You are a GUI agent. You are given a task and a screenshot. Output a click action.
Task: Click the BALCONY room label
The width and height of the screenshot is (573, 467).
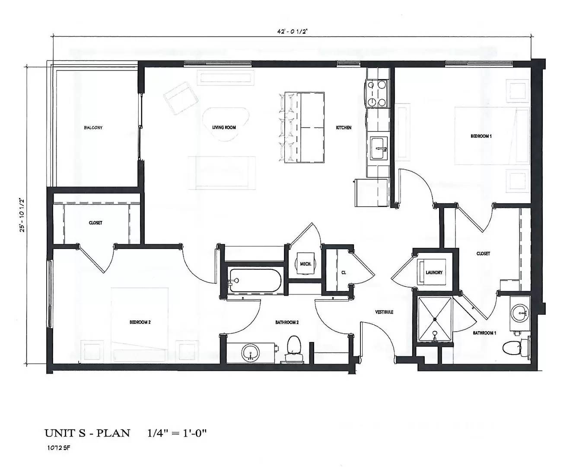(x=93, y=128)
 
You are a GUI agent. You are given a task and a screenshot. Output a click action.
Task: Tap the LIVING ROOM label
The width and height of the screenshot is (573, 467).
(x=224, y=128)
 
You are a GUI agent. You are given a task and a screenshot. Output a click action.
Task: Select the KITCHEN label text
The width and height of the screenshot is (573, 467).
(x=344, y=128)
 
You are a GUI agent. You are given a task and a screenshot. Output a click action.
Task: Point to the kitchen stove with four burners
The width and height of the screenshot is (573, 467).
(x=376, y=93)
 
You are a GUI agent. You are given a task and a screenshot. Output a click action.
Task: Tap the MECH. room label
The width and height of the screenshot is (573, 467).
(x=306, y=264)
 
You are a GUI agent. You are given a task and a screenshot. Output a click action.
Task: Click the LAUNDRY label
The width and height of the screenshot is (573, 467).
(x=434, y=272)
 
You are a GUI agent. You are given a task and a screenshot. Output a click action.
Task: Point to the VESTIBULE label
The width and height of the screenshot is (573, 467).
(x=384, y=312)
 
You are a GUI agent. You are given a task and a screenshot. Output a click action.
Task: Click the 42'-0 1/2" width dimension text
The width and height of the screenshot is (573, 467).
(x=292, y=31)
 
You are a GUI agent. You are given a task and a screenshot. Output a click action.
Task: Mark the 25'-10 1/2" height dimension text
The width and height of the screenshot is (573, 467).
(x=20, y=215)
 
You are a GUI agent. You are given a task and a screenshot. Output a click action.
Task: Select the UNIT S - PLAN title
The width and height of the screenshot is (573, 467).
(x=87, y=433)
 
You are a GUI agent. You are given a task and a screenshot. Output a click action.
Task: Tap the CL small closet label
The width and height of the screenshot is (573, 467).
(x=344, y=272)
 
